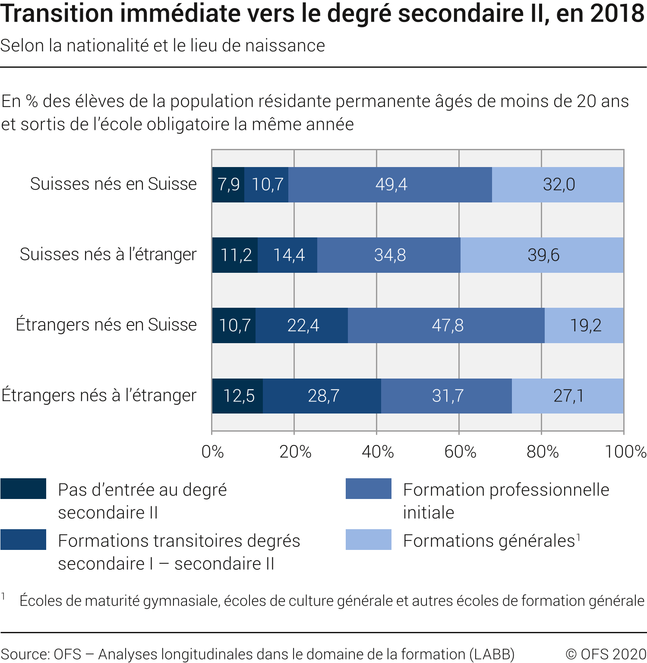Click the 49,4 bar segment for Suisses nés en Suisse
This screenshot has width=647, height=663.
391,185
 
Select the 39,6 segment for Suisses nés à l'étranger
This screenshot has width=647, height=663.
543,255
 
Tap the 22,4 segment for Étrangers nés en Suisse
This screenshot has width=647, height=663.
303,325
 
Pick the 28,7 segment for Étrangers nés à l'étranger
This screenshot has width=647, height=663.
323,396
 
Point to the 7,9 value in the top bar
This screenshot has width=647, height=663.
228,185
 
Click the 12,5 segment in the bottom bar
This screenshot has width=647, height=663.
238,396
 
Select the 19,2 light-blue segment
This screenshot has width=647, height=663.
585,325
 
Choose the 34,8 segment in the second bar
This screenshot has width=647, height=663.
389,255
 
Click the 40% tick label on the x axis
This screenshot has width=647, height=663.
378,452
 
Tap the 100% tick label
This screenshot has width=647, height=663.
625,452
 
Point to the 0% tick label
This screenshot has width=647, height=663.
212,452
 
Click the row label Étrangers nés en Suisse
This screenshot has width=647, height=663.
106,325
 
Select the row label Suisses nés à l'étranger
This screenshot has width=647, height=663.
108,254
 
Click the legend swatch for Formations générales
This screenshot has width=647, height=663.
368,540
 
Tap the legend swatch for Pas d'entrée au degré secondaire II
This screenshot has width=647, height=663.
23,489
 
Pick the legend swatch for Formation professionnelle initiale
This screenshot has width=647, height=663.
368,489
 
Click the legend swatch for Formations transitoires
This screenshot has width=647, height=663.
23,540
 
